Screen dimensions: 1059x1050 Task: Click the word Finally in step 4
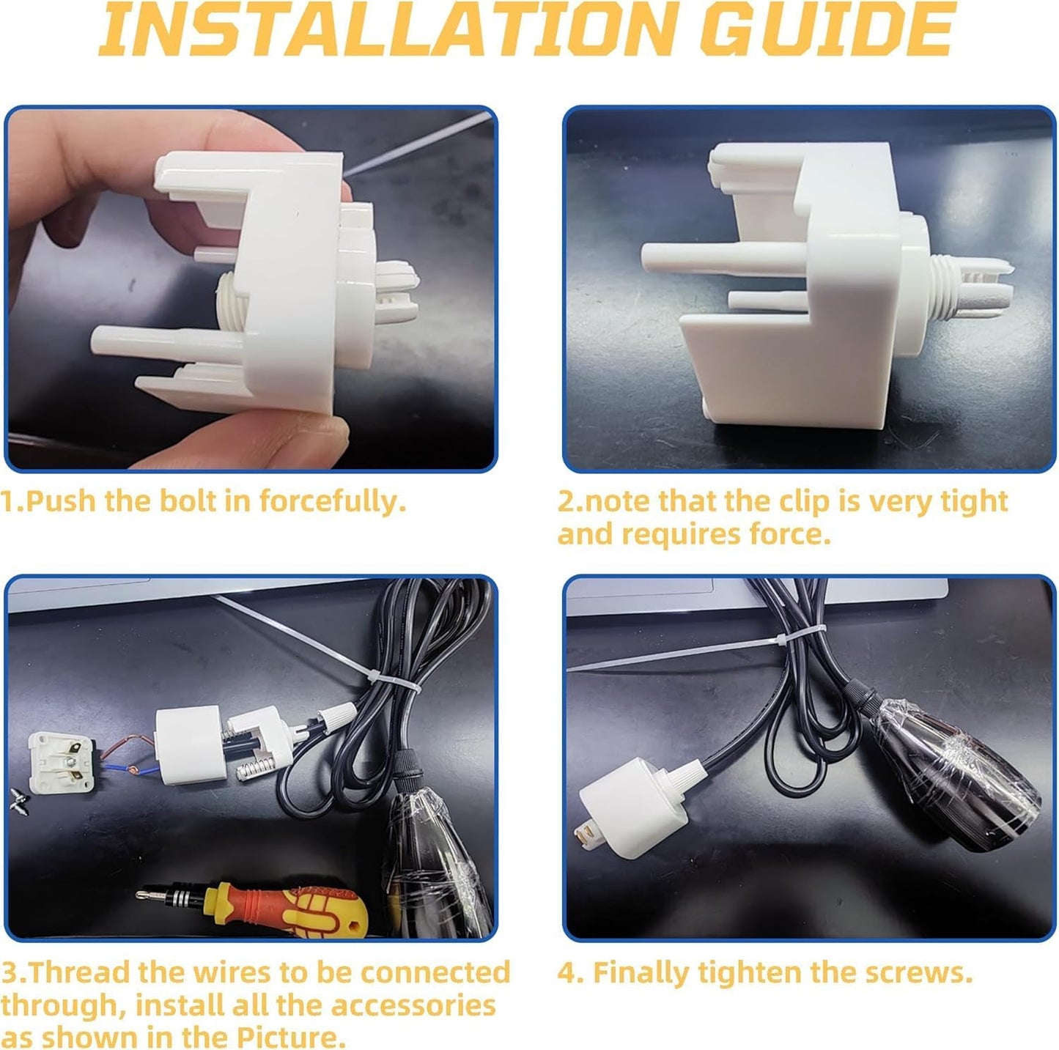click(x=641, y=972)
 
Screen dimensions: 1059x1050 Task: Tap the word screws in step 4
click(x=917, y=973)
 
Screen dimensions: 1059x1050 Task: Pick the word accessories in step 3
click(x=413, y=1005)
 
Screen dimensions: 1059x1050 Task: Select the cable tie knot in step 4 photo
click(x=781, y=640)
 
